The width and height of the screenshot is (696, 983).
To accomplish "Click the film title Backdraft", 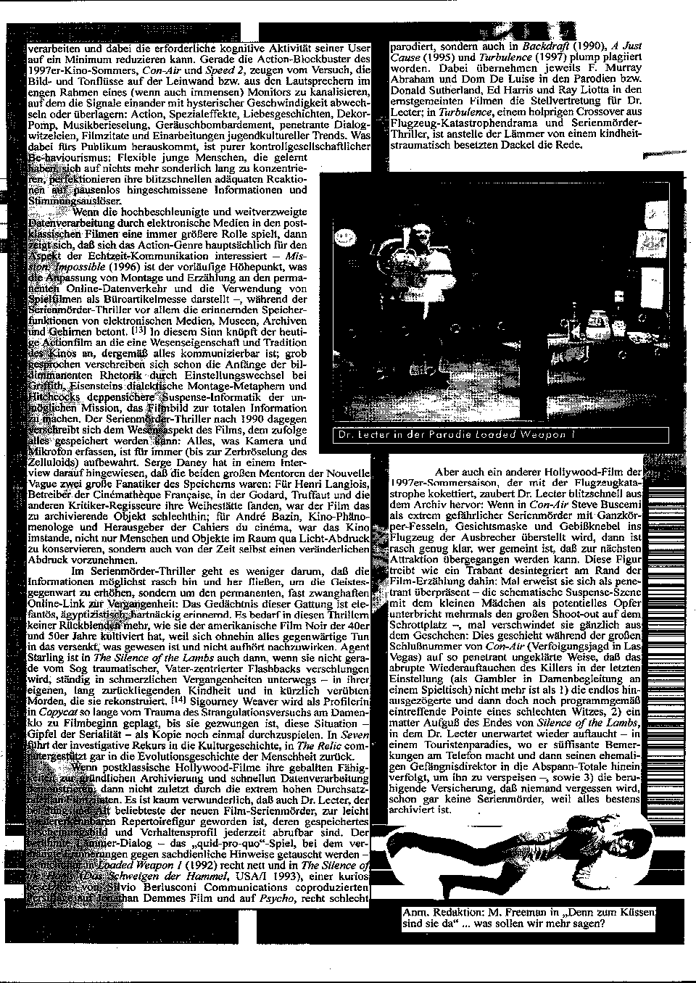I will (x=543, y=46).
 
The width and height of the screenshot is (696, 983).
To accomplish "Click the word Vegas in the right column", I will (x=409, y=655).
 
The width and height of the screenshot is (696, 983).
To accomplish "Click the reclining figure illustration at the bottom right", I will (x=515, y=863).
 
